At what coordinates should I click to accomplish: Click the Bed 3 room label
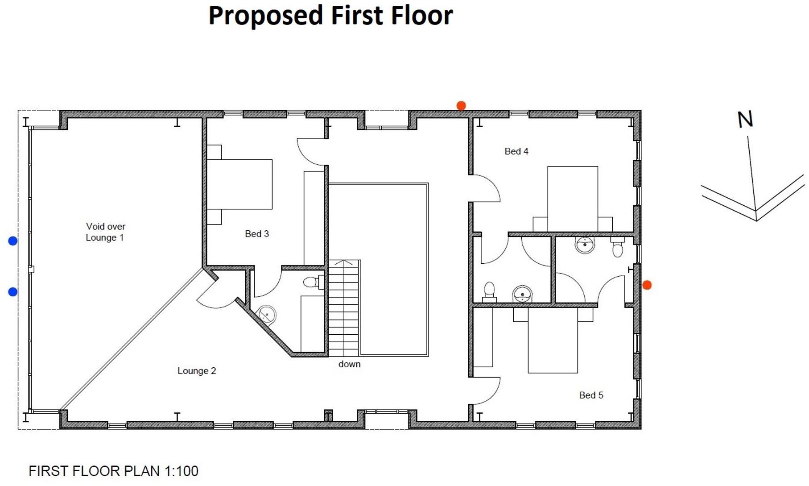[257, 234]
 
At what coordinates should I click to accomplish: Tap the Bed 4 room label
[516, 151]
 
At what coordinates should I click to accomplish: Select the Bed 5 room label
[591, 395]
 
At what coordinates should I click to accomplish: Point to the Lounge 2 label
[197, 371]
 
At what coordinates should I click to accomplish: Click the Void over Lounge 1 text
[105, 232]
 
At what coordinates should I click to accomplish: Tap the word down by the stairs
[349, 364]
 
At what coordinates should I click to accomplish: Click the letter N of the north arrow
[745, 120]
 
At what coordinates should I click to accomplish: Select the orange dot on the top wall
[461, 106]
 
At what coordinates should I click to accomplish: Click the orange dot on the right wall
[647, 285]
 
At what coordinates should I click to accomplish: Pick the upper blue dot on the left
[13, 241]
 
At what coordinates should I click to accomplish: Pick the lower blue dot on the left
[13, 292]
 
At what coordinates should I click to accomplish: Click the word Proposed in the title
[265, 16]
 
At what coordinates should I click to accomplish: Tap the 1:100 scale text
[181, 471]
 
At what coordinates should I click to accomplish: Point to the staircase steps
[343, 308]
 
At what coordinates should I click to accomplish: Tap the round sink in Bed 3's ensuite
[267, 315]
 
